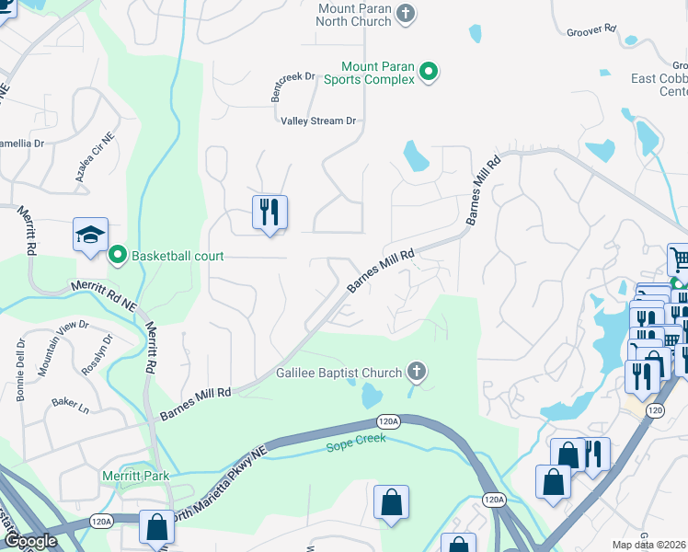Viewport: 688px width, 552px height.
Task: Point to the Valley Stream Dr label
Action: click(318, 121)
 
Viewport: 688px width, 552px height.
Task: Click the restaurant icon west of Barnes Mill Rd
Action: click(269, 213)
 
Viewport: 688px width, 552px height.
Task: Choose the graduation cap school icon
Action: click(91, 236)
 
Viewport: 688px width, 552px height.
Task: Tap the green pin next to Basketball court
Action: click(118, 255)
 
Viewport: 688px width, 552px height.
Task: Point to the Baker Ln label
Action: click(70, 402)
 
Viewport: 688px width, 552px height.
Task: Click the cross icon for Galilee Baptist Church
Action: click(417, 372)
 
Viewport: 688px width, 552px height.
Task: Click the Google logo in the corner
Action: click(29, 541)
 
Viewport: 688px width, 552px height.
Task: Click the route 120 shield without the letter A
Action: click(655, 409)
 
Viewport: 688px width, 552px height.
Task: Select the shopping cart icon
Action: click(678, 259)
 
